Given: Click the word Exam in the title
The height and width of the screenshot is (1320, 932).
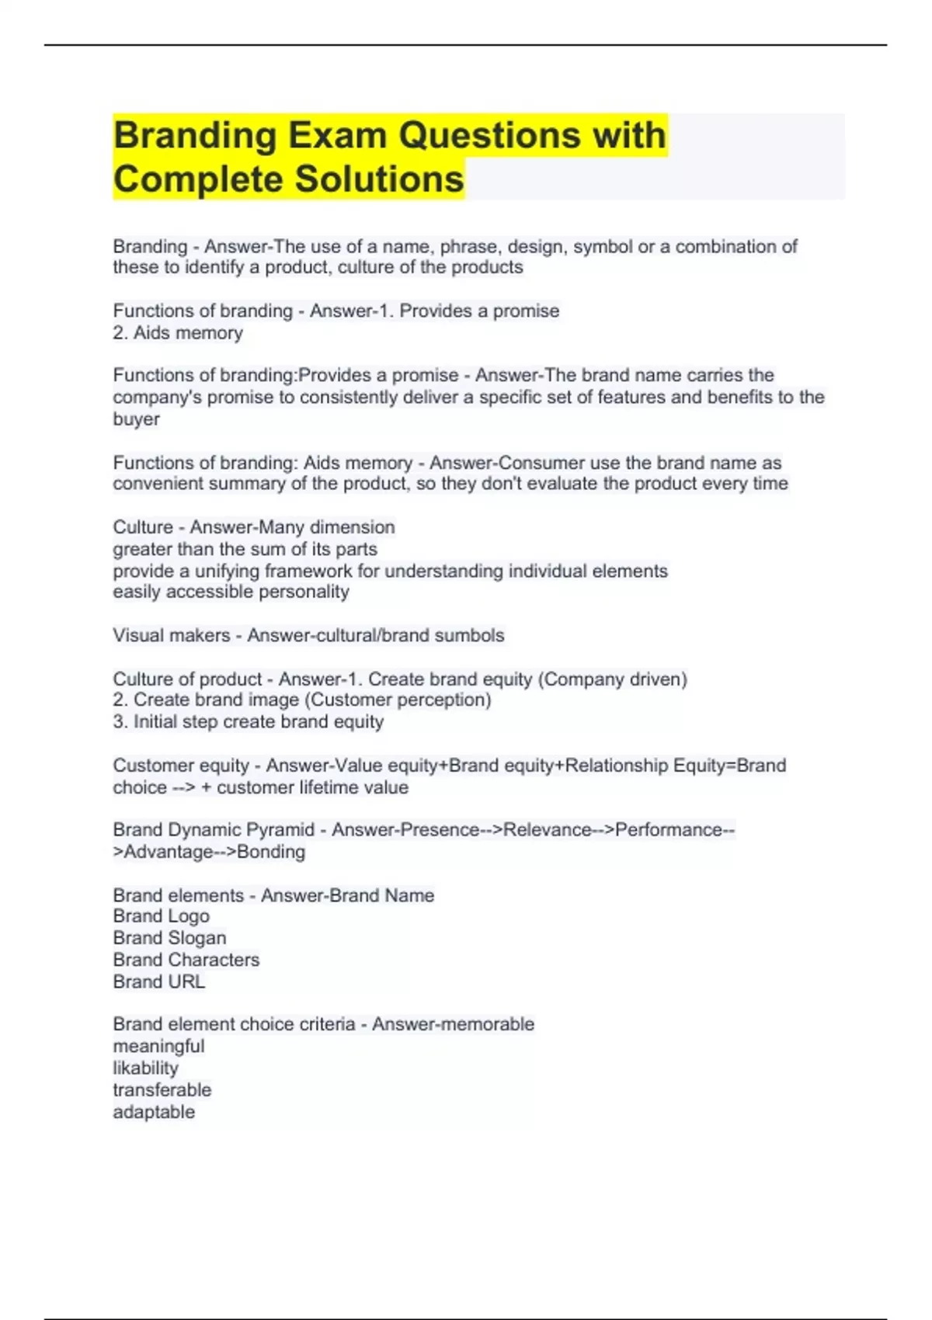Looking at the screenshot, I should point(338,136).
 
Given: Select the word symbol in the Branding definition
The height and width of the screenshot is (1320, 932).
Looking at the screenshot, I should point(603,247).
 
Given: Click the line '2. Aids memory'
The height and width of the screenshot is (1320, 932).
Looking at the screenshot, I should point(178,333).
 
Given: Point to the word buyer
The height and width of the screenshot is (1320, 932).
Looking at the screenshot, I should point(136,419).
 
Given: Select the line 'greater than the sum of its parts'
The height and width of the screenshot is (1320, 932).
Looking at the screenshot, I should point(245,549).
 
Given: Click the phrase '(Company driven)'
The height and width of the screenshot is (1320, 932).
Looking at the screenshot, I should point(614,679).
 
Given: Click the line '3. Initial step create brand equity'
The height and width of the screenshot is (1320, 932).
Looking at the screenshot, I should point(248,721).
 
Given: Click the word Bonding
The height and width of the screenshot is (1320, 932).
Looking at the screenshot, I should point(271,852).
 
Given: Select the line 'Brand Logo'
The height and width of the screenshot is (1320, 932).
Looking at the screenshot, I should point(161,916).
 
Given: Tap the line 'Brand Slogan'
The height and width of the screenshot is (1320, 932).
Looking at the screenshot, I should point(169,938).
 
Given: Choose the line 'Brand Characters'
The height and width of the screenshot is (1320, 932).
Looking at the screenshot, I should point(186,960).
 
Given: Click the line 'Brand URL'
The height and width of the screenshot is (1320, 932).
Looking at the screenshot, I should point(158,981).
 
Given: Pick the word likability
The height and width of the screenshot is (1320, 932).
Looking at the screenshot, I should point(145,1068).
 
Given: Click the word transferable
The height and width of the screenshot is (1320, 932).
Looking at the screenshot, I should point(162,1090).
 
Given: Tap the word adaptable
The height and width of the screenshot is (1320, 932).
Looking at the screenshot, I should point(154,1112).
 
